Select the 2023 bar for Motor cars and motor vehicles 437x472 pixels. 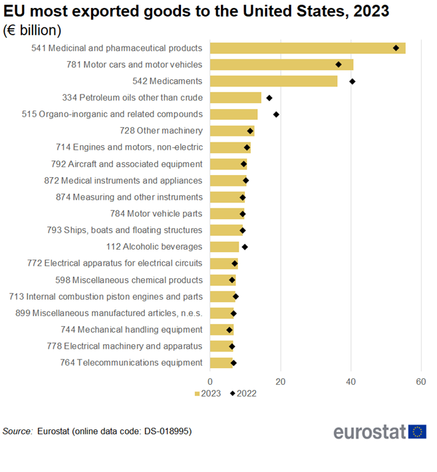[x=281, y=65]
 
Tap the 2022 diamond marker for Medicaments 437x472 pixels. [x=353, y=81]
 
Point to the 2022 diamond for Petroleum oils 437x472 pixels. [x=269, y=98]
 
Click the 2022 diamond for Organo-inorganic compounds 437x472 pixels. [x=276, y=115]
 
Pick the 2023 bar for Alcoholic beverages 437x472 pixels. [x=224, y=247]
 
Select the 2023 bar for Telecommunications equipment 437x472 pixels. [x=221, y=363]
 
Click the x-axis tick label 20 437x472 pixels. [x=281, y=381]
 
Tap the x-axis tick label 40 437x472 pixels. [x=351, y=381]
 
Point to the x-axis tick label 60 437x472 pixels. [x=420, y=381]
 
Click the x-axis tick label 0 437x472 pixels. [x=210, y=381]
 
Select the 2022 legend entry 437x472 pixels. [x=243, y=393]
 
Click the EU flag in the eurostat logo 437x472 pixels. [x=417, y=431]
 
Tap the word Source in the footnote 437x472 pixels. [x=17, y=431]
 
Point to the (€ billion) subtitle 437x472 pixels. [x=33, y=30]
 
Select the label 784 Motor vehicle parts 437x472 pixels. [x=156, y=214]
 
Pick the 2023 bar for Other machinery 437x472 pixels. [x=231, y=131]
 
